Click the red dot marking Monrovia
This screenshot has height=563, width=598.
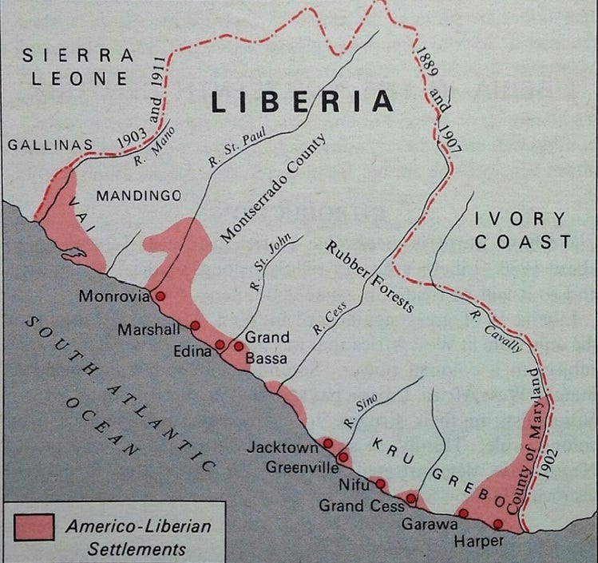[x=160, y=295]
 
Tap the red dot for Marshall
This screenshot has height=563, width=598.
[x=195, y=326]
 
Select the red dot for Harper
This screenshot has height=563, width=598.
[x=497, y=525]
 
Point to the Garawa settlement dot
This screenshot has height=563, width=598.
[x=462, y=513]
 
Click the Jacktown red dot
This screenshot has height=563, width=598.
[x=327, y=443]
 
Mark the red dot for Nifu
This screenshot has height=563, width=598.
[x=380, y=483]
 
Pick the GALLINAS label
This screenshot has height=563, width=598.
[x=50, y=145]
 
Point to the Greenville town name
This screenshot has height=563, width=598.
[x=302, y=469]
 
